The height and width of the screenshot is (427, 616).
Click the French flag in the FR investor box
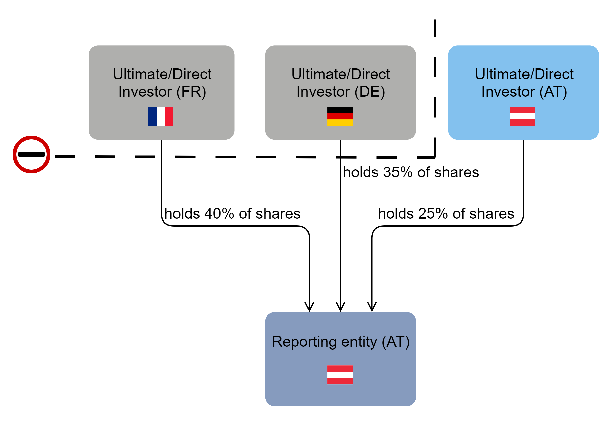161,116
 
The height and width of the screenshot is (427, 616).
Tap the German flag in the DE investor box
340,116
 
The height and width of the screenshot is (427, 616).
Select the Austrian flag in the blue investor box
522,116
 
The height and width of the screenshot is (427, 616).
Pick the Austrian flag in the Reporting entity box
340,375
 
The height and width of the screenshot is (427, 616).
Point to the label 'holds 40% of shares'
233,213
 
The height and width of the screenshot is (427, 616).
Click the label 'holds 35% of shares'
411,172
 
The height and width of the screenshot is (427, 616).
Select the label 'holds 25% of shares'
446,213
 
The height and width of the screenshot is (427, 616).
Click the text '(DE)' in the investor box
370,92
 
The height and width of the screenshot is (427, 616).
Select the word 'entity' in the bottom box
359,342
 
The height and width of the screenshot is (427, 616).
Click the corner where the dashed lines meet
435,157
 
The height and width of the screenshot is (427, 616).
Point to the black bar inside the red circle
31,154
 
